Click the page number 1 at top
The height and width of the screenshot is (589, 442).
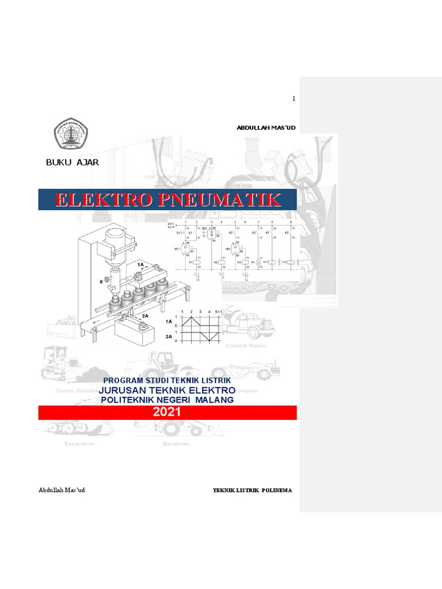pyautogui.click(x=293, y=99)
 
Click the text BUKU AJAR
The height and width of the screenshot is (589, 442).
pyautogui.click(x=73, y=162)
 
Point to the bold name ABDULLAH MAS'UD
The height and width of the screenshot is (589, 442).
pyautogui.click(x=266, y=127)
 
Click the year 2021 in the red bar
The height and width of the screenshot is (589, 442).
pyautogui.click(x=167, y=412)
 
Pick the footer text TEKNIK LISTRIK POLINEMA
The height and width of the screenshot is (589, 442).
pyautogui.click(x=253, y=490)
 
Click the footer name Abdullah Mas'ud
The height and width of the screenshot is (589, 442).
pyautogui.click(x=62, y=490)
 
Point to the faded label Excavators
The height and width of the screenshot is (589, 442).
pyautogui.click(x=71, y=444)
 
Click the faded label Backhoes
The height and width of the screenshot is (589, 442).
pyautogui.click(x=175, y=444)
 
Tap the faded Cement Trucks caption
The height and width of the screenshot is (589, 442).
pyautogui.click(x=246, y=346)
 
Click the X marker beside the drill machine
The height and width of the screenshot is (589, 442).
pyautogui.click(x=101, y=281)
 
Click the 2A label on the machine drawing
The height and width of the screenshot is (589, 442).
pyautogui.click(x=145, y=316)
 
